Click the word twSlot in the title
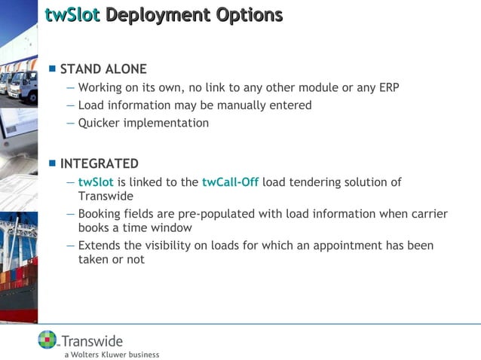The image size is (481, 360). point(72,14)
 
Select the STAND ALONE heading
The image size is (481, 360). point(103,69)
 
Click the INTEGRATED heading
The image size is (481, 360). point(99,163)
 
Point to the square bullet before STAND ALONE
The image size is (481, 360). point(52,69)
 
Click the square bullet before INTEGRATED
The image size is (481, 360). point(52,163)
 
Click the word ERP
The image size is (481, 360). point(388,87)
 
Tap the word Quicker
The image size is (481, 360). point(100,123)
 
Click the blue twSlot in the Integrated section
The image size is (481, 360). point(96,182)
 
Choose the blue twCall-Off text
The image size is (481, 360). point(230,182)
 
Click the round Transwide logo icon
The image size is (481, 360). point(47,340)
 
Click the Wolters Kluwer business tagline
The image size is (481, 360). point(112,353)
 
